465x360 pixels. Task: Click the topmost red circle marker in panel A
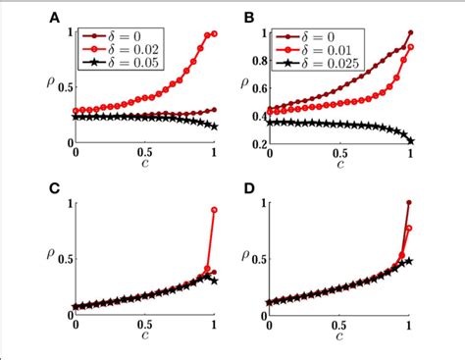click(215, 34)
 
